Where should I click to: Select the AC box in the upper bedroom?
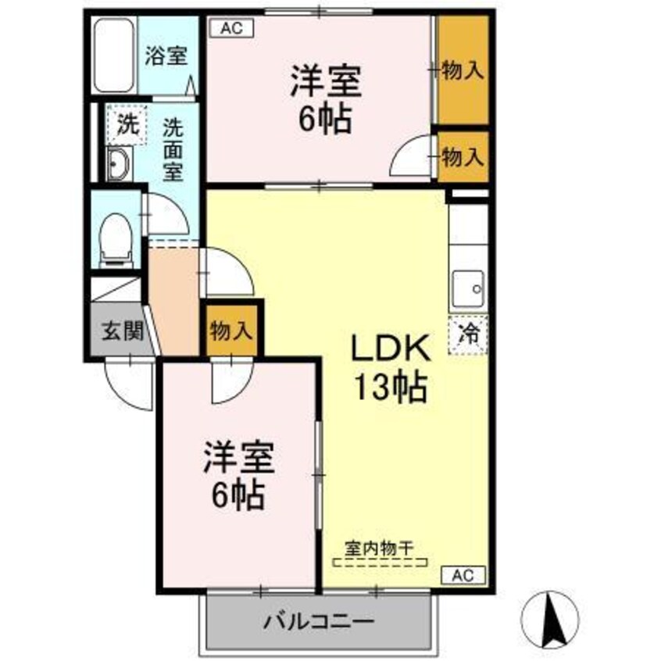(230, 28)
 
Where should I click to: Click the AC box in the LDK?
(464, 576)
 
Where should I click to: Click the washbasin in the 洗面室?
(120, 165)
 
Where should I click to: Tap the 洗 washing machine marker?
(125, 123)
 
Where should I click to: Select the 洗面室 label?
(173, 148)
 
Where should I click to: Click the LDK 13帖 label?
(390, 367)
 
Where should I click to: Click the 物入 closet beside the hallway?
(231, 330)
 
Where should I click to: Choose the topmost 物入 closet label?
(463, 71)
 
